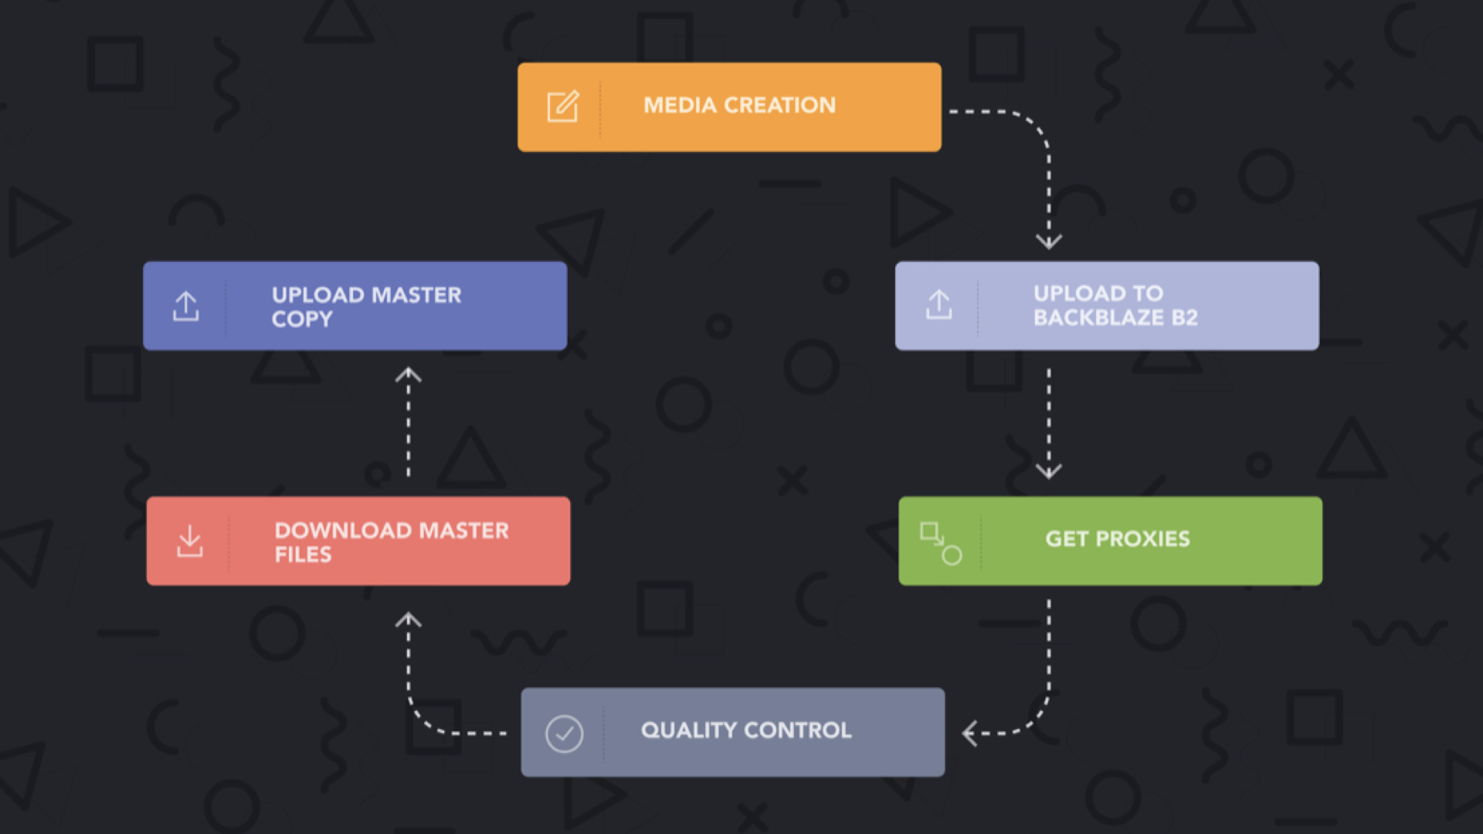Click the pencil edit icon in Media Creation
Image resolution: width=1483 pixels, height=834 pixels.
point(562,107)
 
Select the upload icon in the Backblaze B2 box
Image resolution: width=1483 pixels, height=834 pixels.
point(938,305)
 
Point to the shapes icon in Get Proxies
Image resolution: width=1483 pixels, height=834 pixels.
point(940,543)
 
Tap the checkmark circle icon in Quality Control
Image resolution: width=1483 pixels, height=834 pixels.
point(564,734)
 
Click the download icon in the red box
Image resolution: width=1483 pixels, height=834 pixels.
point(189,541)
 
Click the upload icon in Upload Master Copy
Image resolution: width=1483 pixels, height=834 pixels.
point(185,307)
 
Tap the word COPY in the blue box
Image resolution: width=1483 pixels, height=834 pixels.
point(302,319)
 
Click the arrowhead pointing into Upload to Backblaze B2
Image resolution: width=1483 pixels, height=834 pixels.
point(1048,242)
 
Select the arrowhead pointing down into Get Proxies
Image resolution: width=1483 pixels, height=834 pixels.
point(1048,470)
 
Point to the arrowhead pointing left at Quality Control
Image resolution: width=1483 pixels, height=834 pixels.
point(969,733)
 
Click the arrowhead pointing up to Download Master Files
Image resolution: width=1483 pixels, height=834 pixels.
point(408,619)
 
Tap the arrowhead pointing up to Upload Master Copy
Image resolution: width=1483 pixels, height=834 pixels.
point(408,375)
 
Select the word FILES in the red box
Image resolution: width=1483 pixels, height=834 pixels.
point(303,554)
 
